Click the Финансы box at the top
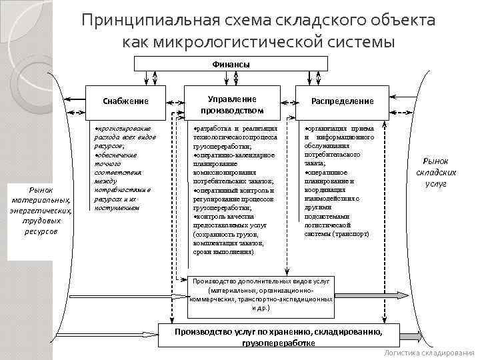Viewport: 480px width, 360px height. point(231,65)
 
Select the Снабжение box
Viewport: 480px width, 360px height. point(125,101)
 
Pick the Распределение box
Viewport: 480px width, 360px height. point(343,101)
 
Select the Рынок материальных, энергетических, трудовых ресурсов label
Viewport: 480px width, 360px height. point(41,209)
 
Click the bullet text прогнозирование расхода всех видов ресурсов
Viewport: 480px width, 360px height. point(123,136)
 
